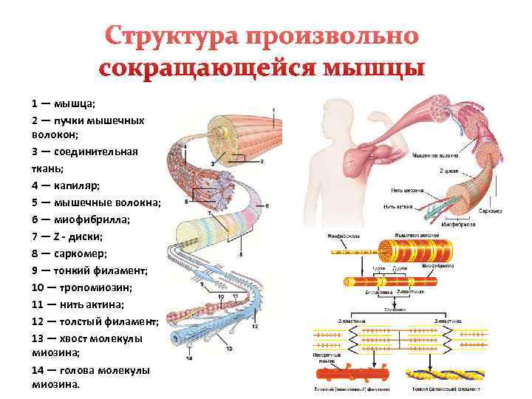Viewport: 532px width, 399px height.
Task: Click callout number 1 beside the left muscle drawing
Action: [273, 111]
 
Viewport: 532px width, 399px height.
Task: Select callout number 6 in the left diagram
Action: [267, 205]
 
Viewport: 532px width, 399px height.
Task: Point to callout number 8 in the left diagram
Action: [241, 255]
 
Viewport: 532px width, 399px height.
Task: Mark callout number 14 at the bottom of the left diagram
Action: [190, 359]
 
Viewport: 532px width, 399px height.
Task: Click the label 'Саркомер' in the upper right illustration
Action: [488, 211]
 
